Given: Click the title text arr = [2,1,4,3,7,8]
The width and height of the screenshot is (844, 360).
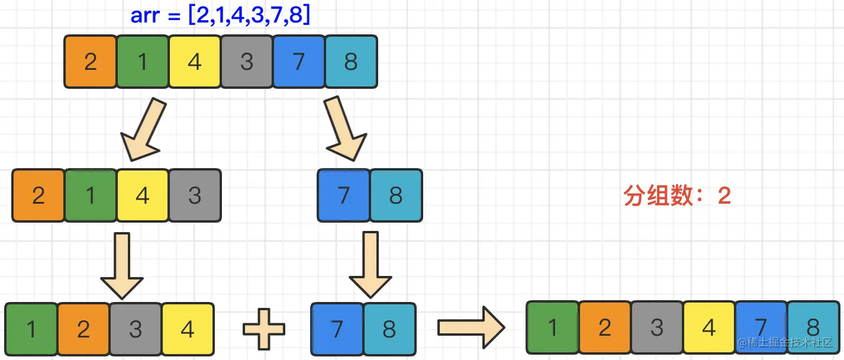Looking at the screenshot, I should [x=220, y=15].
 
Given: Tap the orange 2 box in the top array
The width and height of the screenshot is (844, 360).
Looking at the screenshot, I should [x=90, y=62].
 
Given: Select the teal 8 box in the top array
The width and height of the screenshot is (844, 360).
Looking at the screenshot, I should [x=351, y=62].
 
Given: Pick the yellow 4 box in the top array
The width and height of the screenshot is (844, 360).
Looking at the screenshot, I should [x=195, y=62].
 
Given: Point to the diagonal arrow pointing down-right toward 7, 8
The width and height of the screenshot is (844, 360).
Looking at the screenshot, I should [x=344, y=130].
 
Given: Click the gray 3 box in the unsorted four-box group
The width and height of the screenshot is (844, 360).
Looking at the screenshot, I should [x=195, y=195].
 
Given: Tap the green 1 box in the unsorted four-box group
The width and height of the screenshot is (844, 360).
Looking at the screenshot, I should [x=90, y=195].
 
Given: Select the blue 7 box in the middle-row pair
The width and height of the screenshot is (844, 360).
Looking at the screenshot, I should [x=344, y=195].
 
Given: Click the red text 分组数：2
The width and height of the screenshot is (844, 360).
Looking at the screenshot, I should [x=677, y=196].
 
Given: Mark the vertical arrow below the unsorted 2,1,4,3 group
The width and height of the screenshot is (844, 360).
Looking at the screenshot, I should [x=122, y=265].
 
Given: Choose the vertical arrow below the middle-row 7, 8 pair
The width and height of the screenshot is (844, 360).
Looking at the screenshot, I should [x=371, y=265].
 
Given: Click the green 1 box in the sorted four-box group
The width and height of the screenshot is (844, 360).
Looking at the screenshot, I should [x=31, y=329].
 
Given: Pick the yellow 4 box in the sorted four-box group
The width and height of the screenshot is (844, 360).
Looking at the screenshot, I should [x=188, y=329].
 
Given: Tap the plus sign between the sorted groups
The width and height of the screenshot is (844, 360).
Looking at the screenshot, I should [x=264, y=327].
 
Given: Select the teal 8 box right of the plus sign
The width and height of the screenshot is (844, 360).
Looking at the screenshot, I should [x=389, y=329].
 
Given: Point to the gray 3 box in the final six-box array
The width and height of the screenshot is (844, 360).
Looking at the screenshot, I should [x=656, y=327].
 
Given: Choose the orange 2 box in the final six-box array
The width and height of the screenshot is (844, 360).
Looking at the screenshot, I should [x=604, y=327].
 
